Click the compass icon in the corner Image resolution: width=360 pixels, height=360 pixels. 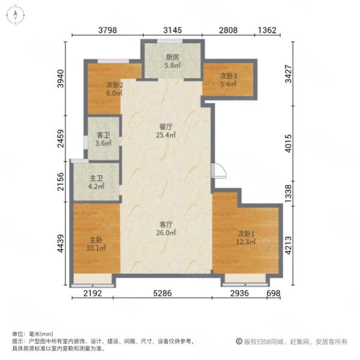pyautogui.click(x=15, y=15)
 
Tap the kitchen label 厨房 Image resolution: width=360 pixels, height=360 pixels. pyautogui.click(x=172, y=57)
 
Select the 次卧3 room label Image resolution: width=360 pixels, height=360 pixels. pyautogui.click(x=229, y=76)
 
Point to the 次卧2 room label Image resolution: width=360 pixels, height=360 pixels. pyautogui.click(x=115, y=85)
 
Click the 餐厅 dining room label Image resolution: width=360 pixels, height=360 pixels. pyautogui.click(x=166, y=127)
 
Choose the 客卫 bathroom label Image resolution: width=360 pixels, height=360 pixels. pyautogui.click(x=103, y=135)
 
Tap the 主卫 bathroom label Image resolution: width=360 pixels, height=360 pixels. pyautogui.click(x=96, y=178)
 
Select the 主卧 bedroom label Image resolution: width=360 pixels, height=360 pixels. pyautogui.click(x=96, y=240)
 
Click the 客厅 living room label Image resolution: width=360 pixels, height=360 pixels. pyautogui.click(x=166, y=224)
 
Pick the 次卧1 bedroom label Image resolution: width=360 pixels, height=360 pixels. pyautogui.click(x=246, y=234)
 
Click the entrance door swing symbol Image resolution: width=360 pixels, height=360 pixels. pyautogui.click(x=219, y=170)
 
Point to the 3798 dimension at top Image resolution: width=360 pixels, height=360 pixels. pyautogui.click(x=107, y=30)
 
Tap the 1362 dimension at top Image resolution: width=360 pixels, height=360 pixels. pyautogui.click(x=267, y=30)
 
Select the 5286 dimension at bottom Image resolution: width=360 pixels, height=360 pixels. pyautogui.click(x=163, y=293)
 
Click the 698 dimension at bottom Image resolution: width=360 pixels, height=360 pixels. pyautogui.click(x=274, y=293)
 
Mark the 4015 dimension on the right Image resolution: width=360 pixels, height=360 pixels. pyautogui.click(x=289, y=143)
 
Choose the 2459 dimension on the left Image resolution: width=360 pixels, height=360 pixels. pyautogui.click(x=61, y=139)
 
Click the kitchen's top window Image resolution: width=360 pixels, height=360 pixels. pyautogui.click(x=170, y=41)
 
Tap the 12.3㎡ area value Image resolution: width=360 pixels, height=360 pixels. pyautogui.click(x=246, y=242)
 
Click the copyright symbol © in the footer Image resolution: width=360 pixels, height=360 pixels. pyautogui.click(x=239, y=341)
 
